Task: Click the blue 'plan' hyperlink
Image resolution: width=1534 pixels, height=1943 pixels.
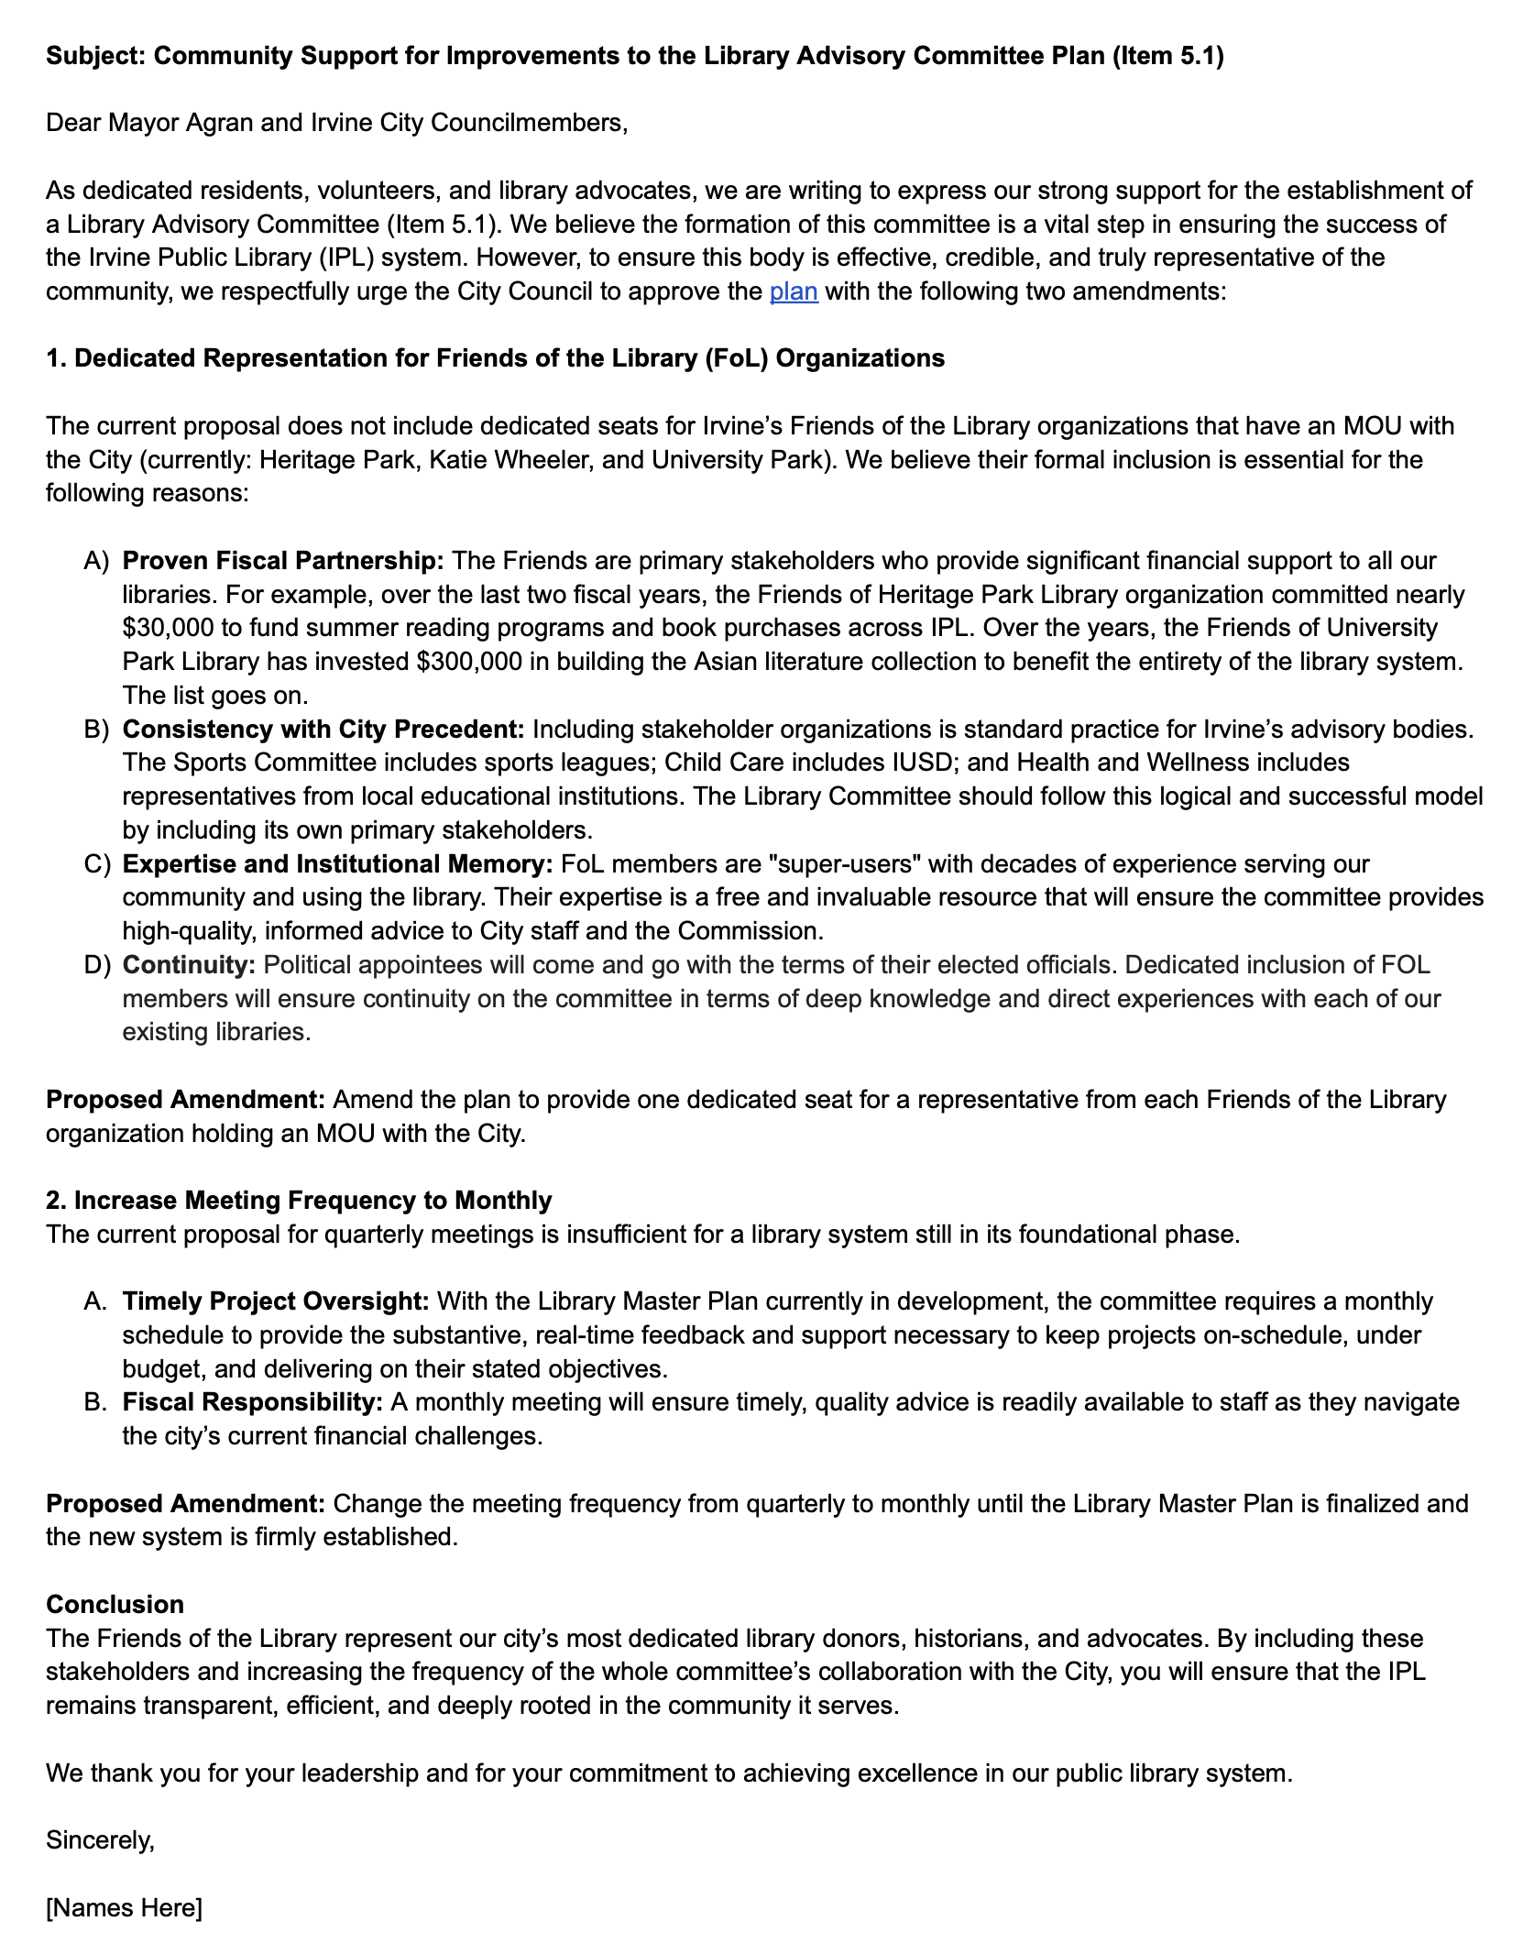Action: (793, 291)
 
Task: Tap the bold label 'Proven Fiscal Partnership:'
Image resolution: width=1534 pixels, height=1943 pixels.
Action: (282, 560)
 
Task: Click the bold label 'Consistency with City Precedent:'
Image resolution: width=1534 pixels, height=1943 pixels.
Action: (323, 729)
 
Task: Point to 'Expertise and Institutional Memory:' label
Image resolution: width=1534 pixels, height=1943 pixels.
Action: (337, 863)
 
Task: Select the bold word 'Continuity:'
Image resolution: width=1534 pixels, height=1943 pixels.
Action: (189, 964)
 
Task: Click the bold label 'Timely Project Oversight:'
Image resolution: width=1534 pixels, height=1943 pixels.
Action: (275, 1301)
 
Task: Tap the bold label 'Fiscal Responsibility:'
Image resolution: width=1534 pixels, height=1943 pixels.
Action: (252, 1401)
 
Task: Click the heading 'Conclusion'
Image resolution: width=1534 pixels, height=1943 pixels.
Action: (115, 1604)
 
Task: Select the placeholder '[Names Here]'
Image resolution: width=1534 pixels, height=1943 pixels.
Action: (124, 1907)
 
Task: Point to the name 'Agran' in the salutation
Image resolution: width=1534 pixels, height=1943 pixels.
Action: (219, 123)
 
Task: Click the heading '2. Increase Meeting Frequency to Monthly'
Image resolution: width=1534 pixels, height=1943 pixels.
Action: (299, 1200)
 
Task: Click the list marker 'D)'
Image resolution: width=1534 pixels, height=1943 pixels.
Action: (96, 964)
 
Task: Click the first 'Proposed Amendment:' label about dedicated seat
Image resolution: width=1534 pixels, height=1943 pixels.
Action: (185, 1099)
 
